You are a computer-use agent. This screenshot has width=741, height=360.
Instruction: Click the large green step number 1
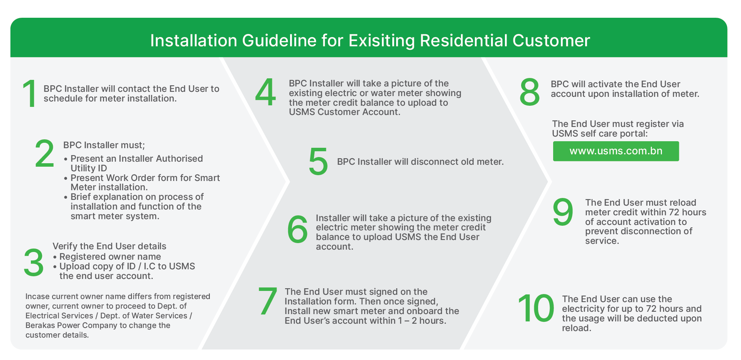click(30, 93)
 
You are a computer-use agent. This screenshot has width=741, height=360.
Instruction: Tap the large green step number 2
click(45, 154)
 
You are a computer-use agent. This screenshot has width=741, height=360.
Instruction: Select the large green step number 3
click(34, 262)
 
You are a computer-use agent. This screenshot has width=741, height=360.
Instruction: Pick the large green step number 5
click(318, 161)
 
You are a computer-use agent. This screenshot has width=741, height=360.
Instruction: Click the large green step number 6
click(297, 229)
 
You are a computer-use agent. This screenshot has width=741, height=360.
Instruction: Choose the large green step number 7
click(268, 301)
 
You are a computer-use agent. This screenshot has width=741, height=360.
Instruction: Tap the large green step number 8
click(530, 91)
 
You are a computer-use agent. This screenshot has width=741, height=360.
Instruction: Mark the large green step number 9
click(563, 212)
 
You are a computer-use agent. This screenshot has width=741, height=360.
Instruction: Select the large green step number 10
click(536, 308)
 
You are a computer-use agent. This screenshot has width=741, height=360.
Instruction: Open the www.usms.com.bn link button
click(616, 151)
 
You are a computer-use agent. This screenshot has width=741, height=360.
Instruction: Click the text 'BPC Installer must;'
click(104, 145)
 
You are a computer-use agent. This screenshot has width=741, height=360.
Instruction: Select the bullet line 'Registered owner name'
click(110, 257)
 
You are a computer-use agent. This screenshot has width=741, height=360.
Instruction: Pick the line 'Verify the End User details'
click(110, 246)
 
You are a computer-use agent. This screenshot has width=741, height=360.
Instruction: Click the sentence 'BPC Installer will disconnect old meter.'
click(420, 162)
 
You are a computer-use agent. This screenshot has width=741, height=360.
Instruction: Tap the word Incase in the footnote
click(37, 296)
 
